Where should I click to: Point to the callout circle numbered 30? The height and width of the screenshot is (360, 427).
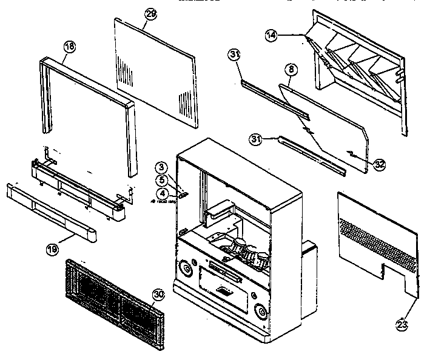pos(158,295)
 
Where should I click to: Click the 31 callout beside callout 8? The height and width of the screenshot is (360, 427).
pos(235,55)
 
